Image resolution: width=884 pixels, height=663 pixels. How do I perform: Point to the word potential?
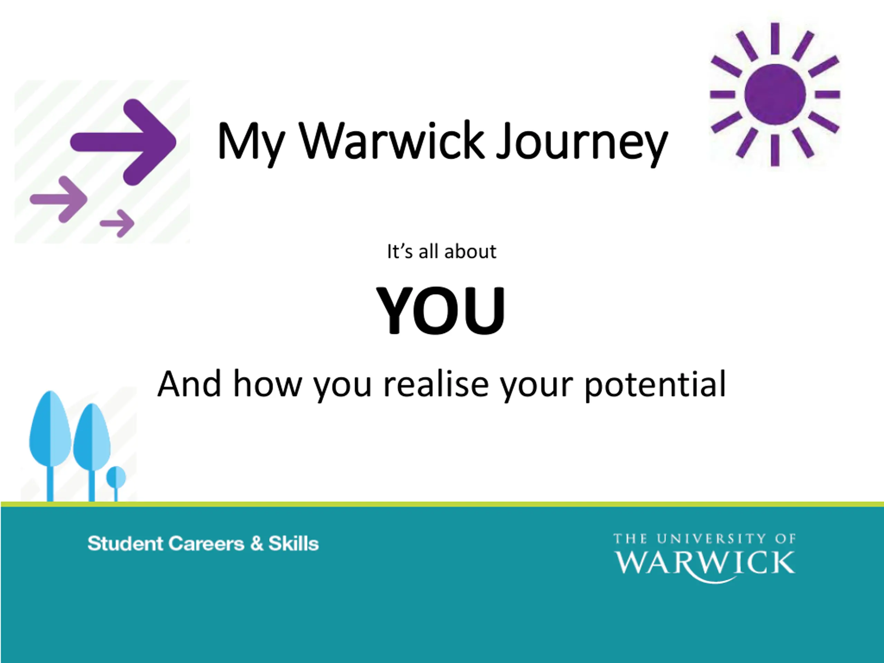655,384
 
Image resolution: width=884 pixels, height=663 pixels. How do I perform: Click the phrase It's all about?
442,252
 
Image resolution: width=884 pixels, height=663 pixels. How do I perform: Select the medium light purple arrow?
59,199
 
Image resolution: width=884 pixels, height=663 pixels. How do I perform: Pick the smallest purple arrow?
117,223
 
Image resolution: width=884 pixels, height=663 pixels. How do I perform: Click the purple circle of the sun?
775,94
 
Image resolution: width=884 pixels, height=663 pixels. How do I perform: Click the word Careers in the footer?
206,544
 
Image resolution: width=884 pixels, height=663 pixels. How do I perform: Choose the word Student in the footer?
125,544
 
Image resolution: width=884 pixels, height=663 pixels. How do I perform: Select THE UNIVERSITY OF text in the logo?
704,539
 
